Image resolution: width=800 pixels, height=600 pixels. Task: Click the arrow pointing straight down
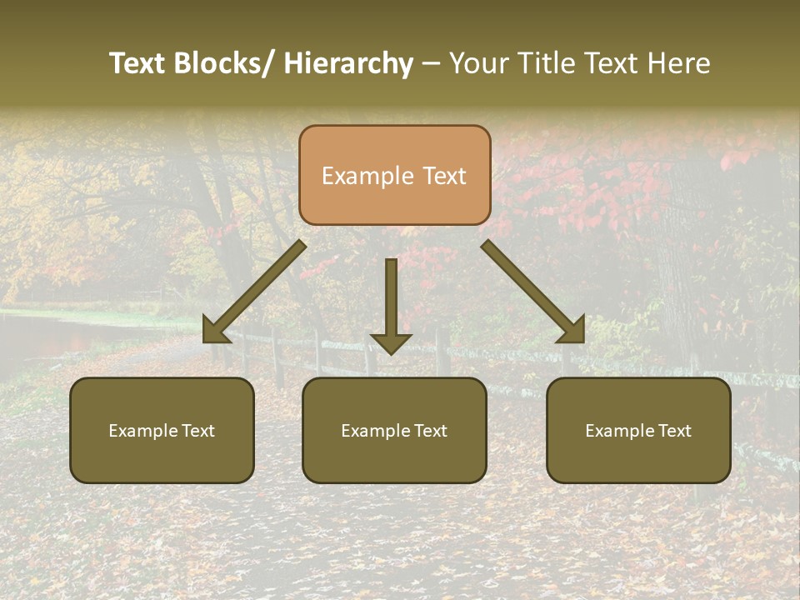click(391, 304)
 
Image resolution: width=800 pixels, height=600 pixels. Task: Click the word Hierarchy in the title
click(347, 63)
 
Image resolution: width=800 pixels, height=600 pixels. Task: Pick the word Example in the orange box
click(367, 177)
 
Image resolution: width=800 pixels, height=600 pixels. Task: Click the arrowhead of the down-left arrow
click(215, 330)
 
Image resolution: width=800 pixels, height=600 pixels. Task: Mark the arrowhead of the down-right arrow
click(572, 330)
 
